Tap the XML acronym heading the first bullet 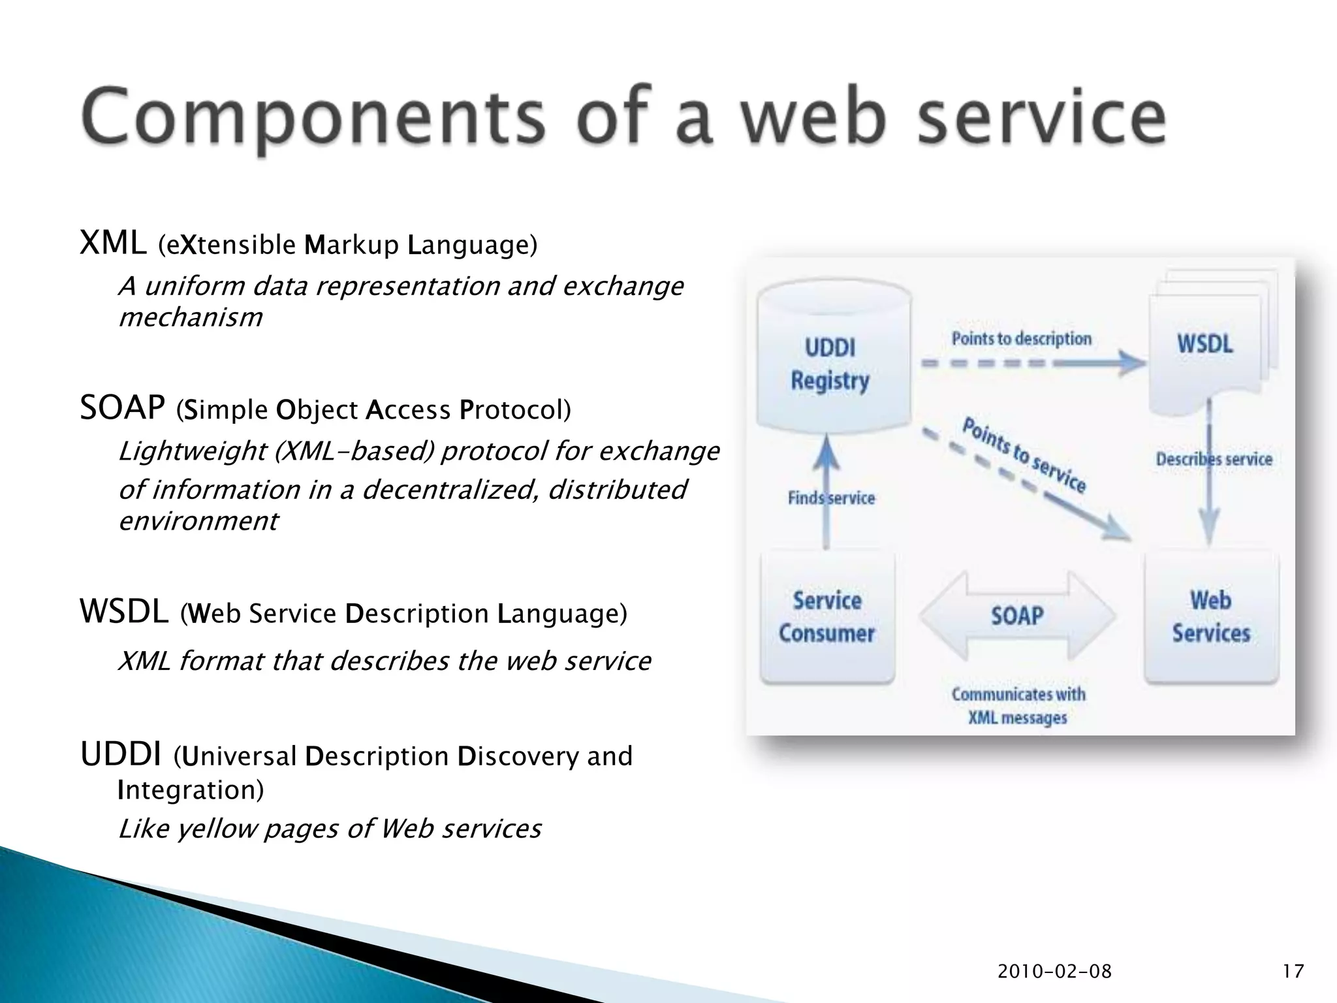113,244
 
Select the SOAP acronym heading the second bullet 122,409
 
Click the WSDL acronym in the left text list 124,613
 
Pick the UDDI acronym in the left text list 121,755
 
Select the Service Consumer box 827,617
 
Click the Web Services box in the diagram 1211,617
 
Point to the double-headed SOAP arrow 1017,616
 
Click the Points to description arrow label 1022,339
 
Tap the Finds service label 831,498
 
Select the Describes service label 1214,459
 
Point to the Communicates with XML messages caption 1018,706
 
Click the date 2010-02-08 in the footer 1054,972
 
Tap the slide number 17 1293,972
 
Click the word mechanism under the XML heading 191,317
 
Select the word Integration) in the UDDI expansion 191,790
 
